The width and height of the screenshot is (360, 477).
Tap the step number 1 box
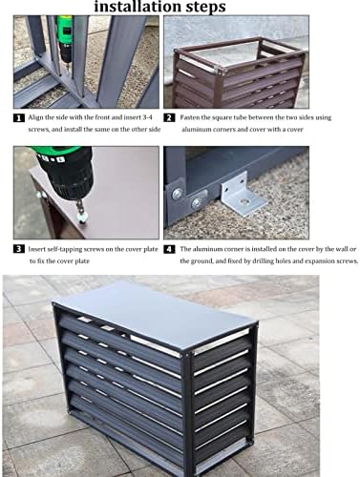click(19, 119)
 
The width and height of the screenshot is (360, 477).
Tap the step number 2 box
click(168, 119)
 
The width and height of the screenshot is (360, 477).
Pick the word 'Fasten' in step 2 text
click(191, 119)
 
